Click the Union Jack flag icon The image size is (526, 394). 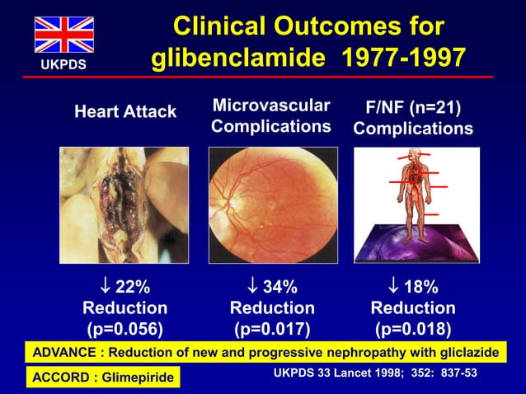click(63, 35)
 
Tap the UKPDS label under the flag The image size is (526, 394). click(63, 63)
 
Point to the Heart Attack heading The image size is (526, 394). click(125, 111)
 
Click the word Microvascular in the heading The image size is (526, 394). click(271, 105)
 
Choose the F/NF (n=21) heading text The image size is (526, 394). click(413, 107)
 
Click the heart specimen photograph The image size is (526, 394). click(124, 204)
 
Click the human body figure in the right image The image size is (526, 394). click(412, 185)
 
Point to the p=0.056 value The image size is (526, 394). click(125, 330)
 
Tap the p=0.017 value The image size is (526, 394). click(272, 330)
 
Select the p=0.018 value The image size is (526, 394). click(413, 330)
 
